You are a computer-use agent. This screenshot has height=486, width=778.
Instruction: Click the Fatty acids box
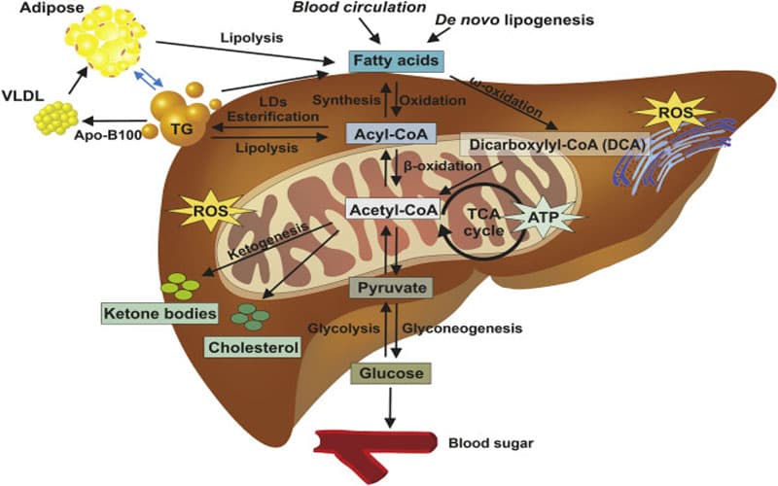coord(396,61)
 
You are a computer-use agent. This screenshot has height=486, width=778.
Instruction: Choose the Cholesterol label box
coord(251,346)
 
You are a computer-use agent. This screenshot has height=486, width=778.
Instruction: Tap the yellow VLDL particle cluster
coord(54,120)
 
